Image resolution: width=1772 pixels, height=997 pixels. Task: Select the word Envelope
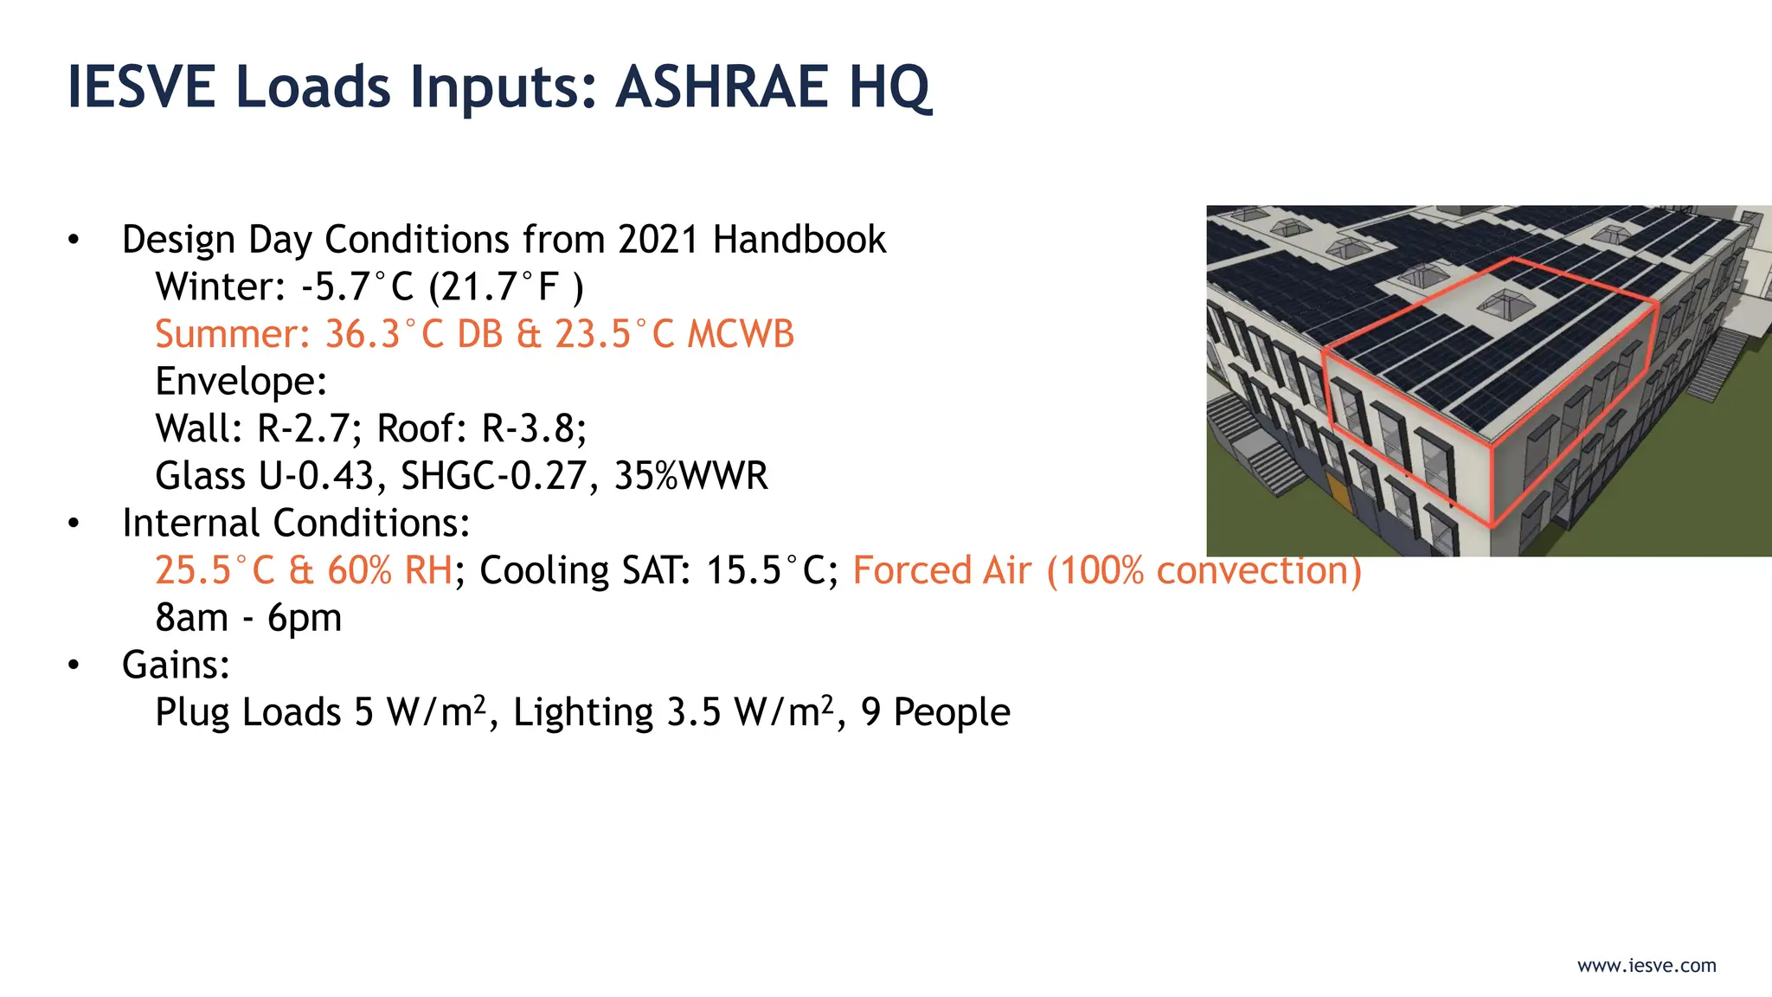pos(240,382)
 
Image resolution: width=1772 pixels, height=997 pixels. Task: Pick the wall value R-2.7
pos(303,428)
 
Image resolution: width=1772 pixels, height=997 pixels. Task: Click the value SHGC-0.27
pos(492,476)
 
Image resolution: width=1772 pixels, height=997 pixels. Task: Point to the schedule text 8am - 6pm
pos(248,618)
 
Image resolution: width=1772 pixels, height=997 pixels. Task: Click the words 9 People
pos(934,712)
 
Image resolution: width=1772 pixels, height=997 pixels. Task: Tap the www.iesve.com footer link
pos(1647,966)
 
